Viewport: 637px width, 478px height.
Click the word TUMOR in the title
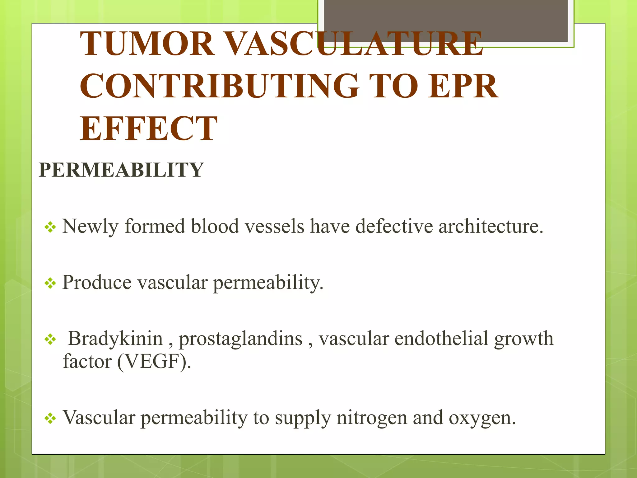(147, 44)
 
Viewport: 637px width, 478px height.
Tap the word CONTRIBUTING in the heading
(220, 86)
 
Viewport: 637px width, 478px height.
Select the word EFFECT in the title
(148, 129)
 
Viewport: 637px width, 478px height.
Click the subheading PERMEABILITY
(121, 170)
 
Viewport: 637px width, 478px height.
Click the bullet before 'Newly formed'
(50, 227)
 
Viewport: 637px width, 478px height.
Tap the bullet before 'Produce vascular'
(50, 284)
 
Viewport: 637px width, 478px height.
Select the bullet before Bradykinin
(50, 340)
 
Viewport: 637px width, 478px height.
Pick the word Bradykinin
(115, 339)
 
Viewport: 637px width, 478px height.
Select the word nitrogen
(372, 418)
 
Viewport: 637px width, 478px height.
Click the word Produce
(97, 283)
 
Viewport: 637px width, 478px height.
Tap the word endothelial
(441, 339)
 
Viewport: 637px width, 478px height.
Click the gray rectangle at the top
(446, 21)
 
